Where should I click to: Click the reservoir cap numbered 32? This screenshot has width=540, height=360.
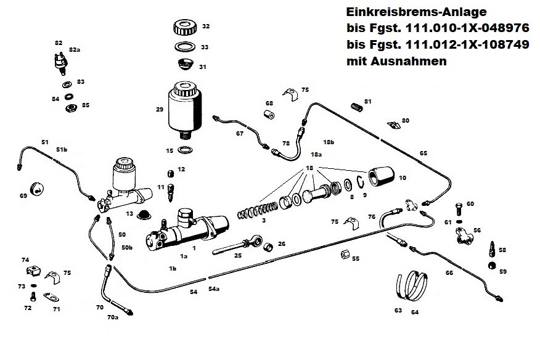tap(183, 28)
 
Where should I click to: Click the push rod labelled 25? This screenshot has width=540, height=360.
tap(237, 247)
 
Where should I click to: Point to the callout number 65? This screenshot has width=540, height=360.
tap(423, 153)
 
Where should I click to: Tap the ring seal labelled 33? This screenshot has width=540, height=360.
tap(183, 47)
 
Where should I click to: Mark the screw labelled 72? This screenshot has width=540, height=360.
tap(34, 297)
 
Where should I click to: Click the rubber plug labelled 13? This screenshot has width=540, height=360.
tap(145, 214)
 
